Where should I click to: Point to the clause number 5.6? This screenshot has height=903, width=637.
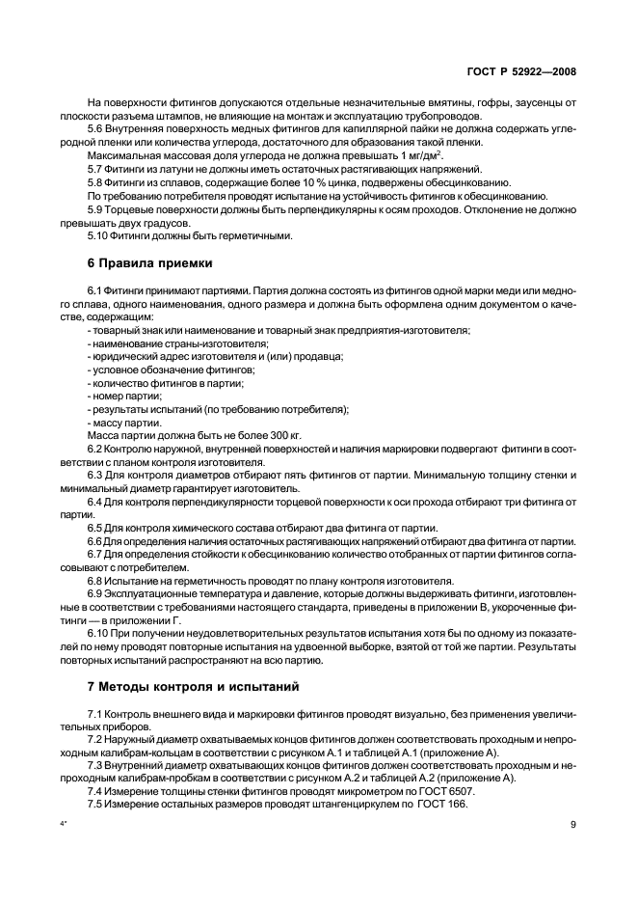point(95,128)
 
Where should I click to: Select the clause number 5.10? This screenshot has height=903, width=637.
point(98,235)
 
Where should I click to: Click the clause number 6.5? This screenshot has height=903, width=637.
point(95,529)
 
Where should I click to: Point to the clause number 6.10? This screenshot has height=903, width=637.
point(98,633)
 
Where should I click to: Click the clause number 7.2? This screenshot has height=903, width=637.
point(95,738)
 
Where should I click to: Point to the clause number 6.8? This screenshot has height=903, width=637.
point(95,581)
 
